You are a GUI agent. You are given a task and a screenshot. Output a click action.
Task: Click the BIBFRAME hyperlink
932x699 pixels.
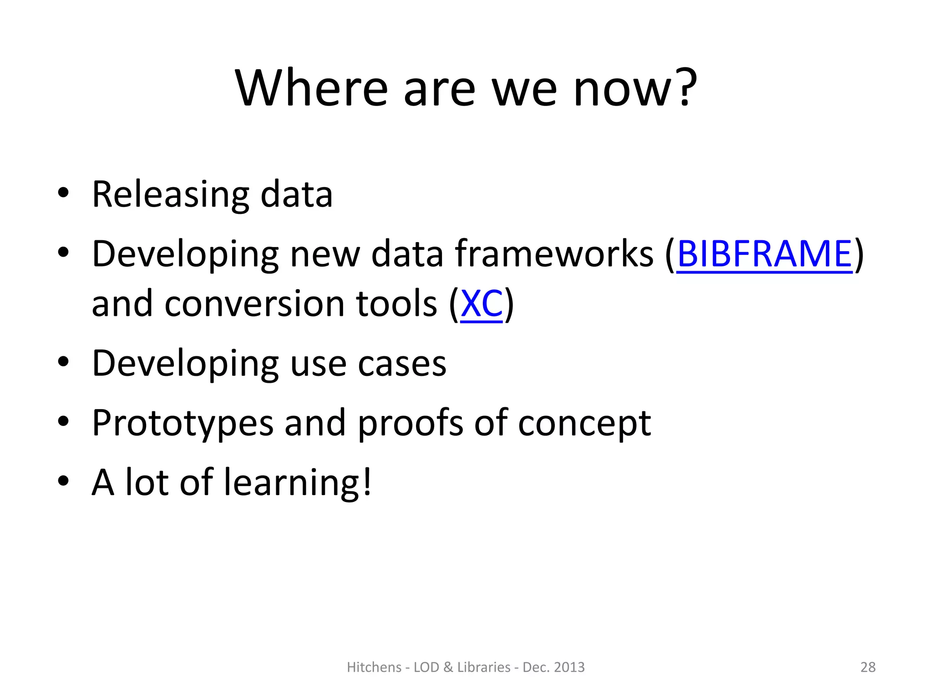(764, 254)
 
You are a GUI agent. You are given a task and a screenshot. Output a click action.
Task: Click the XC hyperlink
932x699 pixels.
(481, 304)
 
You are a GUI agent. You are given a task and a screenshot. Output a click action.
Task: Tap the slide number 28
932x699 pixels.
(868, 667)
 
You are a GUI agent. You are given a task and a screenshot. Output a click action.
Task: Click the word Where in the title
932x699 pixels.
(311, 88)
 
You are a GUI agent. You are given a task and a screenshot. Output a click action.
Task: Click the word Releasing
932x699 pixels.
(171, 195)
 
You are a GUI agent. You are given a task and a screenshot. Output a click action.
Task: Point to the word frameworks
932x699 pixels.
(554, 254)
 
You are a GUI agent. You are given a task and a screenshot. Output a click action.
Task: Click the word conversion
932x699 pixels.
(255, 304)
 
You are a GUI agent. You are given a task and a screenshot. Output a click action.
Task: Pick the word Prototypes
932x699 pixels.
(182, 423)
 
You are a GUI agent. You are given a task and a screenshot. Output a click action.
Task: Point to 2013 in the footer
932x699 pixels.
(569, 667)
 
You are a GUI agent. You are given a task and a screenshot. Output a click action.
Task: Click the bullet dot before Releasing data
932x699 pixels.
(63, 193)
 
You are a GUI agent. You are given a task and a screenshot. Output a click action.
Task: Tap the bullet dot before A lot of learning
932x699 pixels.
(63, 481)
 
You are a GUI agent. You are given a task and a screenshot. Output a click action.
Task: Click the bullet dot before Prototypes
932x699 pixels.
(63, 421)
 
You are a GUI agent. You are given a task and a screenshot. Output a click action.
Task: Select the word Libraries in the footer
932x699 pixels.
(484, 667)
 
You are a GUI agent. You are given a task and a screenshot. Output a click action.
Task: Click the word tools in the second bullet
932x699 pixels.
(396, 304)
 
